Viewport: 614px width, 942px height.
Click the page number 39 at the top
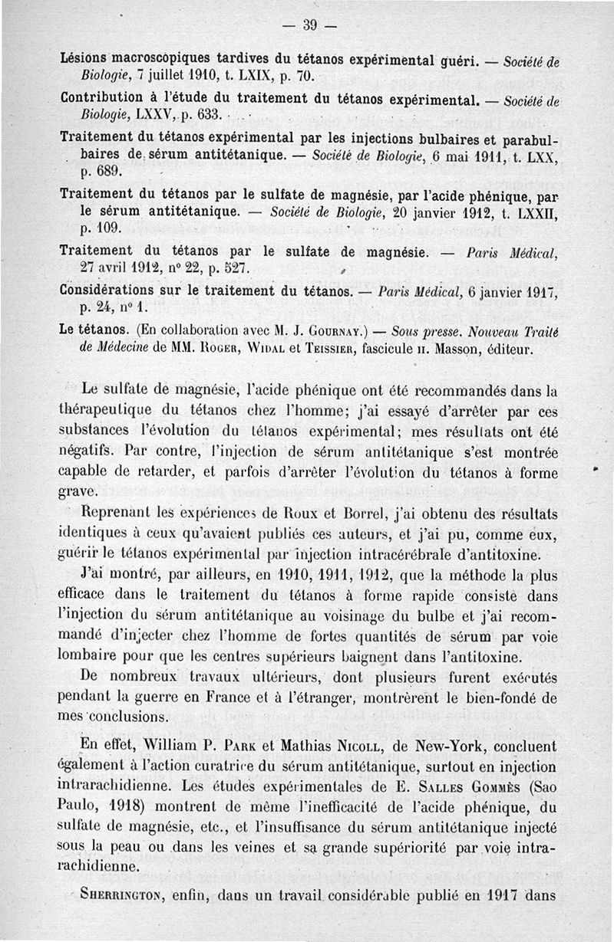[310, 25]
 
